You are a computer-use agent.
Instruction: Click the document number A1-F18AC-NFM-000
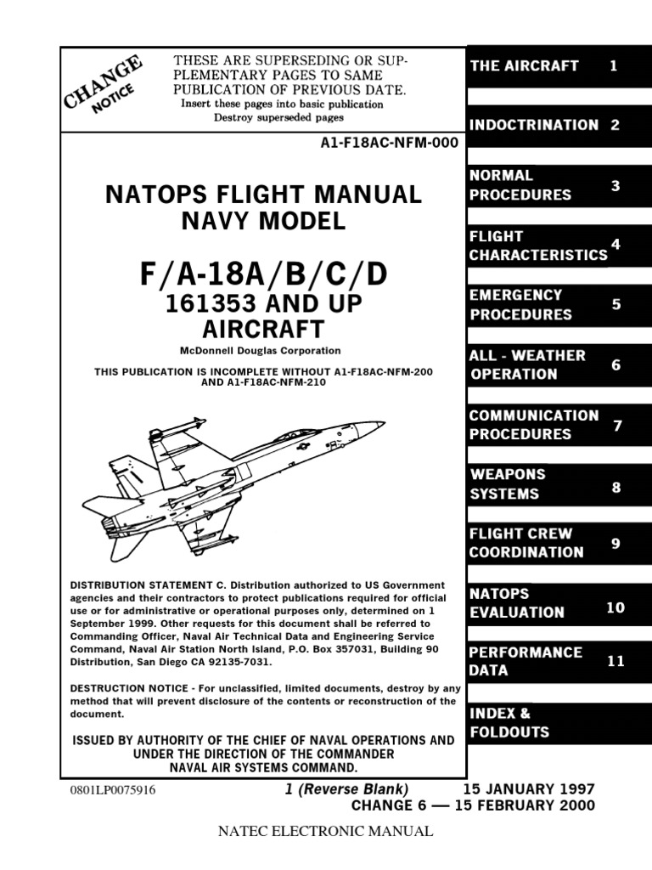click(x=388, y=143)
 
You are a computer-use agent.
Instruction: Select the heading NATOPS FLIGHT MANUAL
click(x=263, y=195)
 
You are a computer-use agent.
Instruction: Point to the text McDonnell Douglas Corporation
click(x=261, y=350)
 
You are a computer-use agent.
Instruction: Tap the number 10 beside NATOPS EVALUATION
click(x=615, y=607)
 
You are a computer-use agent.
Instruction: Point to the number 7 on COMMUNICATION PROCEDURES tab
click(x=617, y=426)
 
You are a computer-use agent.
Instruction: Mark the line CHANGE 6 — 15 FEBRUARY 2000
click(x=473, y=805)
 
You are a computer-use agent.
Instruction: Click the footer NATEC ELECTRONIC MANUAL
click(x=327, y=832)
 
